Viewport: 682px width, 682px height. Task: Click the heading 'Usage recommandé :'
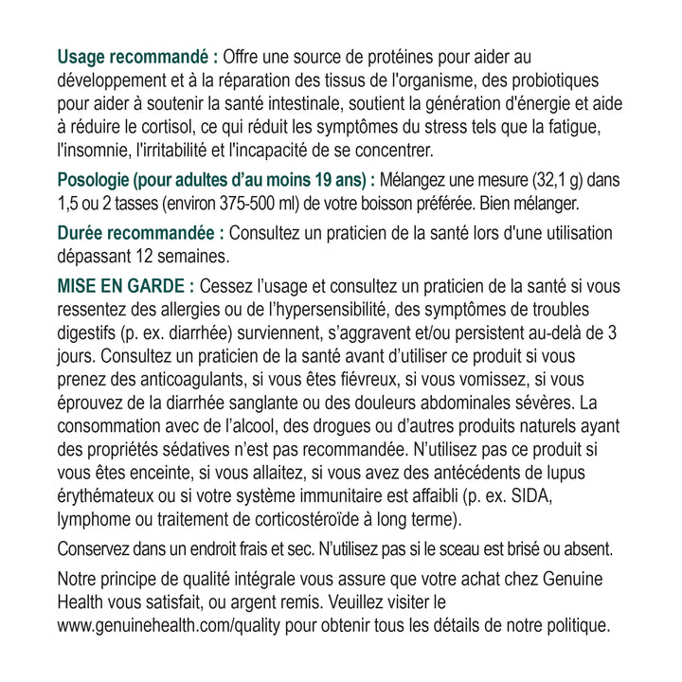click(x=137, y=57)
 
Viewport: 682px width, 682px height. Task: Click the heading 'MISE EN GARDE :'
click(x=127, y=287)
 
